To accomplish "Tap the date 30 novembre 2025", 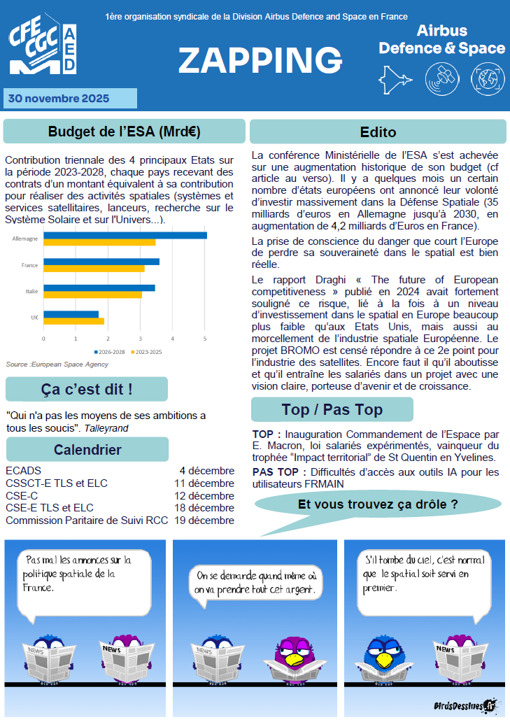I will coord(59,99).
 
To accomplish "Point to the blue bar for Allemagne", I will coord(125,235).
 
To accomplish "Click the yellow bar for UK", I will coord(73,321).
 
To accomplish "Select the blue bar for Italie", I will coord(99,288).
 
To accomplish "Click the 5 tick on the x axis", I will coord(204,339).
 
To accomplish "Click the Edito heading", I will coord(378,132).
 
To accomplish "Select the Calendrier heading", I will coord(87,449).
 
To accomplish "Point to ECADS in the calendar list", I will coord(23,470).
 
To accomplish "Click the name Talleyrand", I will coord(106,427).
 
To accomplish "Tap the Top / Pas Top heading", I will coord(332,409).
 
